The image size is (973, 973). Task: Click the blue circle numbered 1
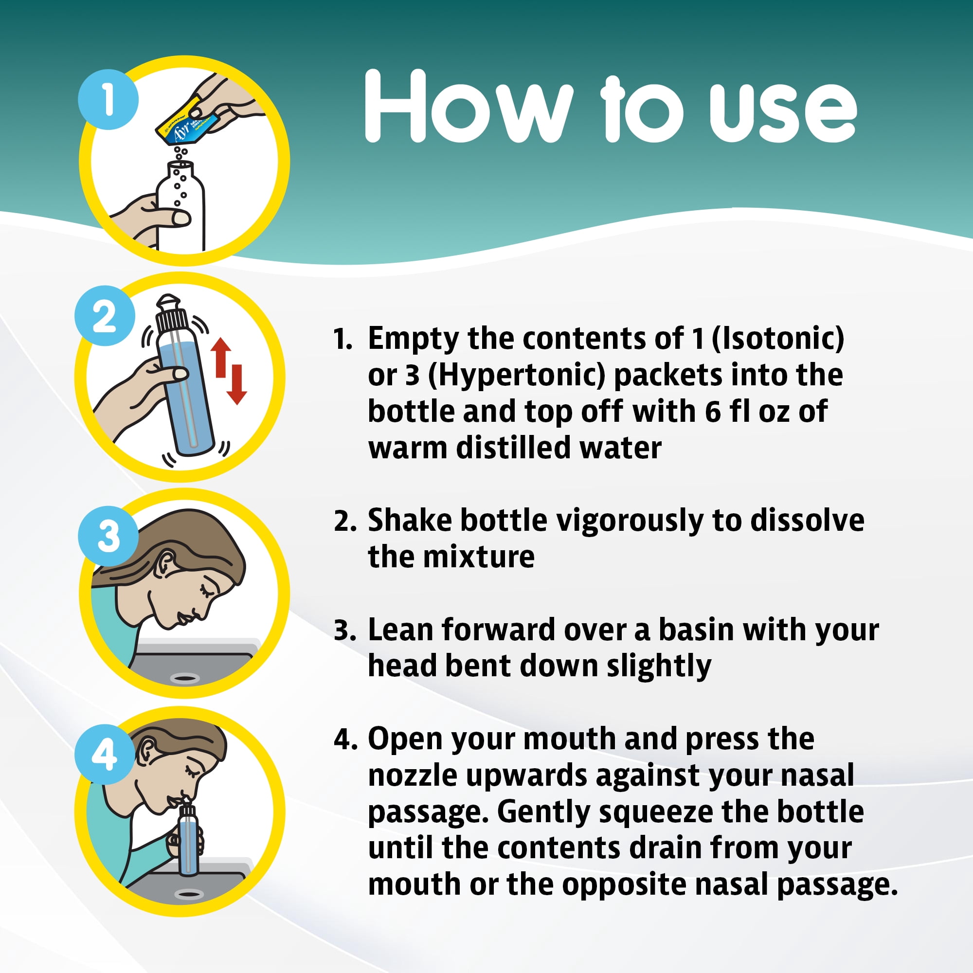pyautogui.click(x=108, y=100)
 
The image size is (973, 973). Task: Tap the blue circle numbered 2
pyautogui.click(x=105, y=316)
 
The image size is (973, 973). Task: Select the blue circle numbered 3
pyautogui.click(x=108, y=536)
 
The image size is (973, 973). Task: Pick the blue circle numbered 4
pyautogui.click(x=105, y=755)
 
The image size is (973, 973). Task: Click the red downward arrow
pyautogui.click(x=236, y=384)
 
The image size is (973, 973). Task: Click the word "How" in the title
pyautogui.click(x=469, y=106)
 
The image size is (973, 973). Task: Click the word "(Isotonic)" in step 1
pyautogui.click(x=778, y=339)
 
